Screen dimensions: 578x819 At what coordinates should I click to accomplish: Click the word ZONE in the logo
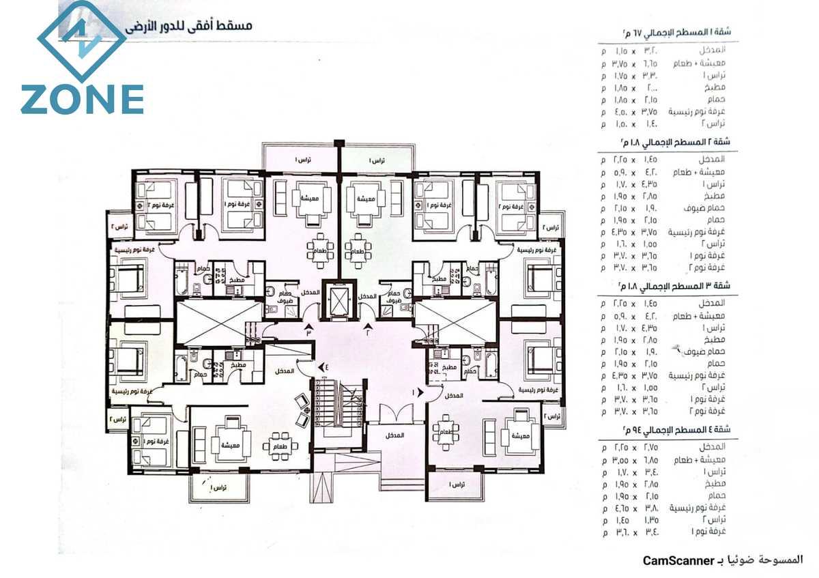[x=82, y=99]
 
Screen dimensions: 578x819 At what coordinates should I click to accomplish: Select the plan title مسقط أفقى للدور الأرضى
[x=188, y=27]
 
